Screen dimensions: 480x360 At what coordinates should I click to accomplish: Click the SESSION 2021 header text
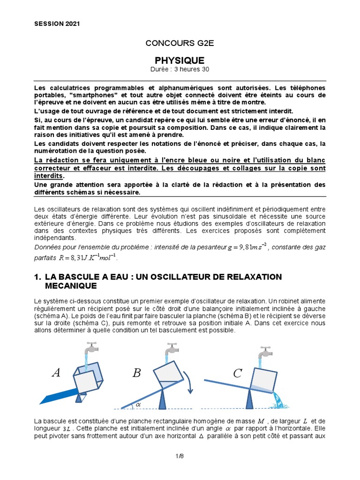(57, 24)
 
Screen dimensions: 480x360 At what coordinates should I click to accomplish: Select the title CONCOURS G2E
(180, 44)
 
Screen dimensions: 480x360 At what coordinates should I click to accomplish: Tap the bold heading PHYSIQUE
(180, 60)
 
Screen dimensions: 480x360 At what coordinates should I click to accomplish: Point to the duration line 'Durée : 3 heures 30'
(180, 69)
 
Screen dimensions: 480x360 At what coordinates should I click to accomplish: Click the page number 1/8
(180, 455)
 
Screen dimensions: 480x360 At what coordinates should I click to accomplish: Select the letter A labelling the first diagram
(56, 373)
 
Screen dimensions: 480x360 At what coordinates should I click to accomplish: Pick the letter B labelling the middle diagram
(136, 373)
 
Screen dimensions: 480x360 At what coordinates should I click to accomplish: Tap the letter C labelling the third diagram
(238, 373)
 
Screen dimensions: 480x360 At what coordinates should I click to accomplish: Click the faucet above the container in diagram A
(90, 349)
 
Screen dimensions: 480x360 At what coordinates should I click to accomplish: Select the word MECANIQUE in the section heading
(71, 285)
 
